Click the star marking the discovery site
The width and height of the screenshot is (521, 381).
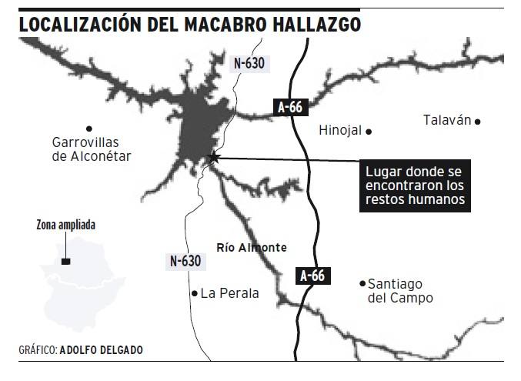[214, 158]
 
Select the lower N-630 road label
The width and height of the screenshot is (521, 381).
[185, 262]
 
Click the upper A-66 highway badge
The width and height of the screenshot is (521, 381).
[289, 108]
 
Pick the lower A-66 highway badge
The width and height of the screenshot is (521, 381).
[312, 276]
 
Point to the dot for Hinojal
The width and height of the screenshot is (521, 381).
[369, 132]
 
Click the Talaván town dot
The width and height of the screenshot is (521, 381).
[478, 121]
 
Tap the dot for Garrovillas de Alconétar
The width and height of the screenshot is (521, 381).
[89, 128]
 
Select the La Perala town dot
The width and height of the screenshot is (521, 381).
[194, 293]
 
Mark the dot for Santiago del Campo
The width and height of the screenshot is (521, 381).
[362, 283]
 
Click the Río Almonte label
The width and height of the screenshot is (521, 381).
[252, 247]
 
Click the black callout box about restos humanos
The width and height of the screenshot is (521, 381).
[416, 185]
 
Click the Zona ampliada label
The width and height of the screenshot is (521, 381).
[66, 226]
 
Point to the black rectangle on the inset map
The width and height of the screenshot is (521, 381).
[66, 262]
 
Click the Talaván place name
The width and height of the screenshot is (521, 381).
[446, 120]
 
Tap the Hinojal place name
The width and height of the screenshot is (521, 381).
[339, 131]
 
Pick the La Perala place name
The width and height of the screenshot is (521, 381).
[229, 293]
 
